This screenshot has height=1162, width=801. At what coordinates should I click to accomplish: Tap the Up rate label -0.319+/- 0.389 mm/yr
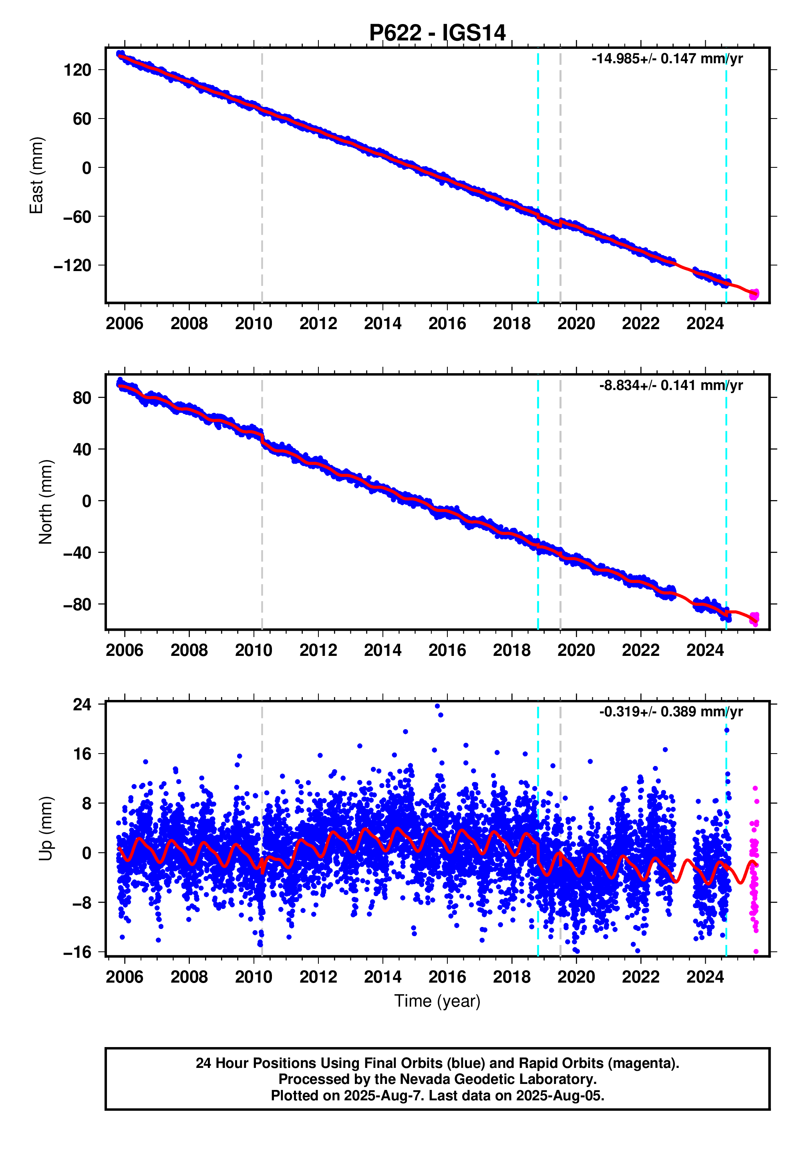coord(670,712)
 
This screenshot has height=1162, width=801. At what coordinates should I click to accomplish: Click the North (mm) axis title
coord(46,502)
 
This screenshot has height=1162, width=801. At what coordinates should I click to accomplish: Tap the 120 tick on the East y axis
coord(77,70)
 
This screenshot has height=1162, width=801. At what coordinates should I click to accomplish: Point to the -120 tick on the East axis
coord(73,265)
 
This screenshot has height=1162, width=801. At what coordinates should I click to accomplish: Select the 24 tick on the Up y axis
coord(82,704)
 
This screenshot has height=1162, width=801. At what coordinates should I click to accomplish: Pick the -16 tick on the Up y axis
coord(77,952)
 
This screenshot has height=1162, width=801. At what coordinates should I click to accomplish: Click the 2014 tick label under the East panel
coord(382,324)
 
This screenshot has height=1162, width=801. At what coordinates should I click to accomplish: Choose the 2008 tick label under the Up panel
coord(189,977)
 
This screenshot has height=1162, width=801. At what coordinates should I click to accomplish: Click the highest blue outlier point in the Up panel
coord(437,706)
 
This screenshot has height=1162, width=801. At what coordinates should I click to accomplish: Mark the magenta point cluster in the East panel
coord(754,294)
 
